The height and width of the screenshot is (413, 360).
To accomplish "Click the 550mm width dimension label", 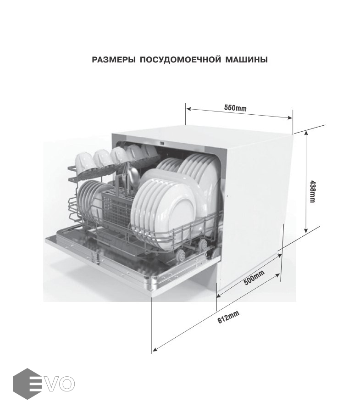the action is point(235,108).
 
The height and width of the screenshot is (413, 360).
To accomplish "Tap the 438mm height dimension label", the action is point(312,191).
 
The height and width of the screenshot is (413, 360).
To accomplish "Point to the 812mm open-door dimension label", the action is point(228,317).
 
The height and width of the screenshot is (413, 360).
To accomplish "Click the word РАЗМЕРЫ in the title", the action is point(114,60).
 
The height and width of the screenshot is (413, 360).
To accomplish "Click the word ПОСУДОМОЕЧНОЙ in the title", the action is point(180,60).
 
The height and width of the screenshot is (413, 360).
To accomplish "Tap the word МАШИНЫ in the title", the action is point(247,60).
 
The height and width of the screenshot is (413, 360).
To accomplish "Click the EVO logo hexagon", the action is point(28,384).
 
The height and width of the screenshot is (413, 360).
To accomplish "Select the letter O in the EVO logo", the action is point(67,384).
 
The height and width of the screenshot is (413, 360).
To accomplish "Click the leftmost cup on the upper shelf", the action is point(85,161).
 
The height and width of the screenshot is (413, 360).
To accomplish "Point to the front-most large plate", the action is point(163,213).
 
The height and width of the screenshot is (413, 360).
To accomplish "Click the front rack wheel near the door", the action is point(181,255).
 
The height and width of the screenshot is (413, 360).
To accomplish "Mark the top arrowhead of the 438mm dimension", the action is point(306,133).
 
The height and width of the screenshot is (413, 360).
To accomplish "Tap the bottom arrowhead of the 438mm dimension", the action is point(306,230).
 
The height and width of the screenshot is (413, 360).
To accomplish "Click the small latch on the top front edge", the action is point(162,144).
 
